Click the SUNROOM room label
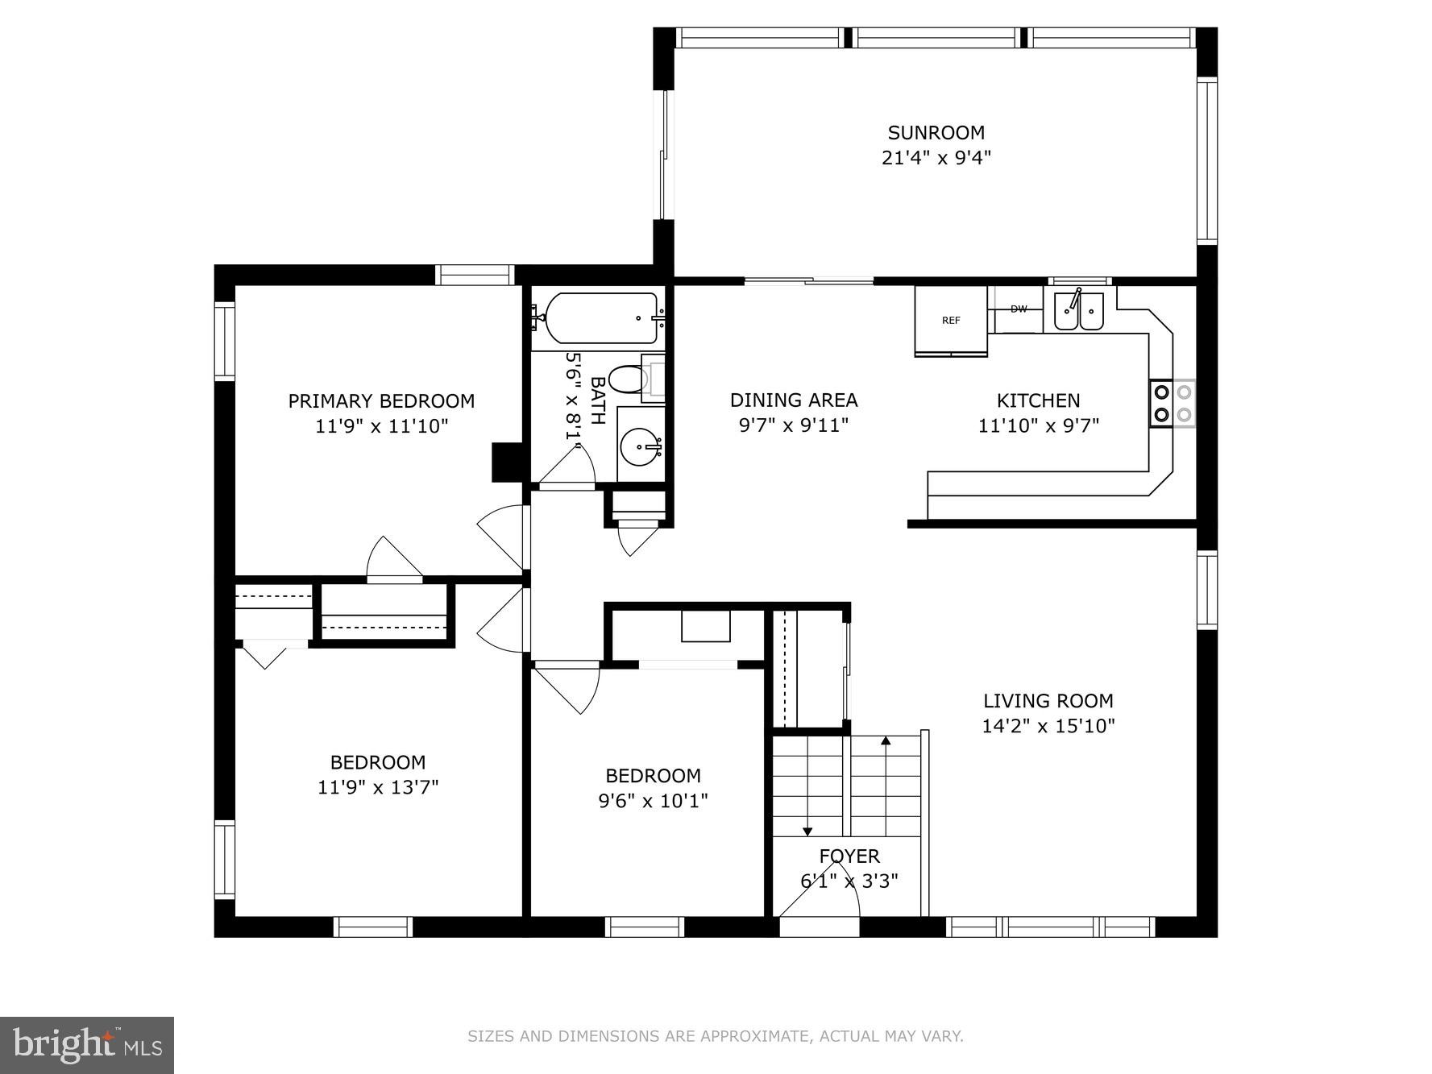pyautogui.click(x=936, y=133)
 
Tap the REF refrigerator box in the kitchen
pyautogui.click(x=951, y=321)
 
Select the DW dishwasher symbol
pyautogui.click(x=1019, y=309)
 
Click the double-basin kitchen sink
pyautogui.click(x=1078, y=311)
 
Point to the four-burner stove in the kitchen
pyautogui.click(x=1173, y=404)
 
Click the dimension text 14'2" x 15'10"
pyautogui.click(x=1048, y=726)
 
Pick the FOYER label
pyautogui.click(x=849, y=856)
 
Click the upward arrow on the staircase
pyautogui.click(x=886, y=741)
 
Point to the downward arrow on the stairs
pyautogui.click(x=807, y=830)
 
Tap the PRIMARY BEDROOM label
pyautogui.click(x=381, y=401)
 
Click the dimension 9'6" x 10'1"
pyautogui.click(x=653, y=801)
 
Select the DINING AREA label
pyautogui.click(x=793, y=400)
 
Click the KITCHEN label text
pyautogui.click(x=1038, y=400)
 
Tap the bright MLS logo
pyautogui.click(x=87, y=1045)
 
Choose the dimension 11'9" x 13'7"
pyautogui.click(x=377, y=787)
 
